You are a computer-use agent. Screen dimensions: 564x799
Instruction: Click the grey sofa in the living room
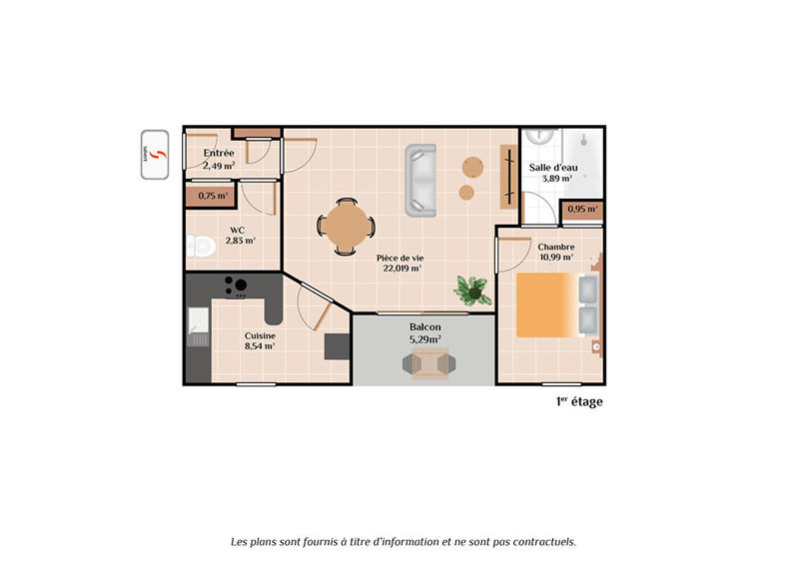coord(421,180)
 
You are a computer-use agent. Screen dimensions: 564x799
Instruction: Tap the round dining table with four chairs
coord(347,227)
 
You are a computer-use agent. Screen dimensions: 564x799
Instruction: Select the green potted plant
coord(471,290)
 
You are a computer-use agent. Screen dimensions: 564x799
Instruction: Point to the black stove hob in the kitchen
coord(237,286)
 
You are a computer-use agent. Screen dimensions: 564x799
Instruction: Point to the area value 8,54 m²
coord(261,347)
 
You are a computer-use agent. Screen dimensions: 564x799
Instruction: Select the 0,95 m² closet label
coord(582,210)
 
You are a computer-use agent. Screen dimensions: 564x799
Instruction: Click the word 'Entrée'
coord(219,153)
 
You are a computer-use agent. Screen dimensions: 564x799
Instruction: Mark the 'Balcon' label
coord(424,327)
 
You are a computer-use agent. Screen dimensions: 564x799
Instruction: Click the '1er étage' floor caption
coord(579,401)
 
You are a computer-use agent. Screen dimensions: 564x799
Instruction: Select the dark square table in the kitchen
coord(338,345)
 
